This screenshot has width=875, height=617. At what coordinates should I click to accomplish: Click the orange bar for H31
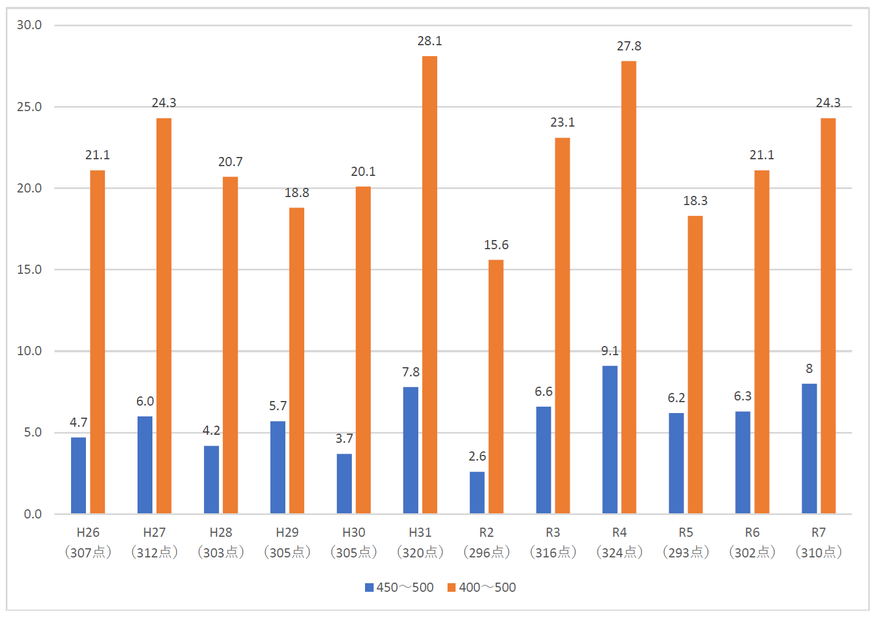click(429, 284)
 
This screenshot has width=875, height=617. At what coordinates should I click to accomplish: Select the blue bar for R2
click(477, 492)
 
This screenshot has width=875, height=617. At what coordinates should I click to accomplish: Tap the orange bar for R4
click(629, 286)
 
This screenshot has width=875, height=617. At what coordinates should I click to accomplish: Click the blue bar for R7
click(809, 448)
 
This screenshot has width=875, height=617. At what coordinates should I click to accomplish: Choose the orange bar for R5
click(695, 364)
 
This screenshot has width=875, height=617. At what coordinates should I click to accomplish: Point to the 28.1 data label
click(429, 41)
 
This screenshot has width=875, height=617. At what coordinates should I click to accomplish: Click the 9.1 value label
click(610, 351)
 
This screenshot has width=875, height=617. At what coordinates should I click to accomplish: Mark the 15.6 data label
click(496, 245)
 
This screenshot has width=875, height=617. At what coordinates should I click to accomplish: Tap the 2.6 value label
click(477, 457)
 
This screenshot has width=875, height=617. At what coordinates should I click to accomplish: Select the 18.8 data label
click(296, 193)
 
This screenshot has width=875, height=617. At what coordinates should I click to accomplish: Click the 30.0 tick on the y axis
click(29, 25)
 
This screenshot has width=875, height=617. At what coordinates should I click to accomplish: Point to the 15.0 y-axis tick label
click(29, 270)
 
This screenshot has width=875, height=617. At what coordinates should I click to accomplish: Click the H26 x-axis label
click(88, 533)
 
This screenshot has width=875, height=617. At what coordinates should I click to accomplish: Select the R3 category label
click(552, 533)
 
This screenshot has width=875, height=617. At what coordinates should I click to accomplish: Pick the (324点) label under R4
click(619, 552)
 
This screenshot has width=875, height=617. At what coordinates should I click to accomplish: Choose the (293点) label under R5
click(686, 552)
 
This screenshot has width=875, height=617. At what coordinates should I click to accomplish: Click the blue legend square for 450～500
click(370, 588)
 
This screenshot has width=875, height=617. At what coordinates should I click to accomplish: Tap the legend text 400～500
click(487, 588)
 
